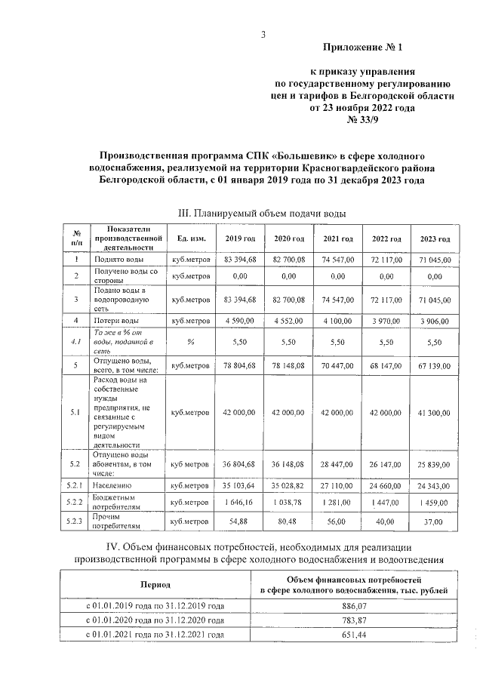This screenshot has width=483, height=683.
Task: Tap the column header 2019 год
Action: click(241, 238)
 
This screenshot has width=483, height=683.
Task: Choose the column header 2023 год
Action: click(434, 238)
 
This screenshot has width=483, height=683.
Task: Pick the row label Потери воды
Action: click(115, 321)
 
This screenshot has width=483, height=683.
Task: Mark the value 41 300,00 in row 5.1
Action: click(434, 413)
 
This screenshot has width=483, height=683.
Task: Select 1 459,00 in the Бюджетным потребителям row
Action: click(434, 503)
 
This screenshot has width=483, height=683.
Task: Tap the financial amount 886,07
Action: click(352, 606)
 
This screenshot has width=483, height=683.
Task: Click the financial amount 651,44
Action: click(352, 635)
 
